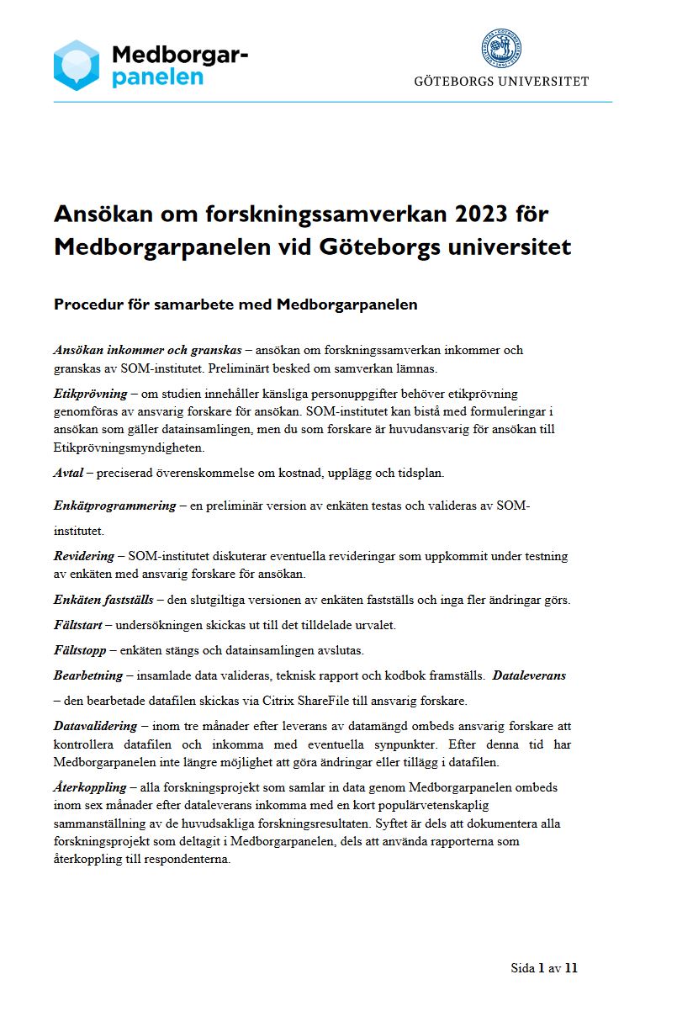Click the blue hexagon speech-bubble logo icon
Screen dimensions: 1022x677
(77, 65)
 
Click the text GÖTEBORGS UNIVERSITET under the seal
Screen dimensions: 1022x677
(501, 82)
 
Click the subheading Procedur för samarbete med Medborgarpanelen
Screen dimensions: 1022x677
(235, 304)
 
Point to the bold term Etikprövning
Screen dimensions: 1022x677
(90, 393)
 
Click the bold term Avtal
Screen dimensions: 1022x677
(68, 473)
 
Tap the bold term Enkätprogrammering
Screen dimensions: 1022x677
(114, 506)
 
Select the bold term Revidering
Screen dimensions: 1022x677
(83, 556)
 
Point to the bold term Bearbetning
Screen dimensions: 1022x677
(88, 675)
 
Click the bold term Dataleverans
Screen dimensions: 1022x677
(529, 675)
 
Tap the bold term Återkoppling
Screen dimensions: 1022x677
(90, 787)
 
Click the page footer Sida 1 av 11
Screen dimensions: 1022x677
(544, 968)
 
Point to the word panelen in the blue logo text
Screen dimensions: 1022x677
(158, 77)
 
